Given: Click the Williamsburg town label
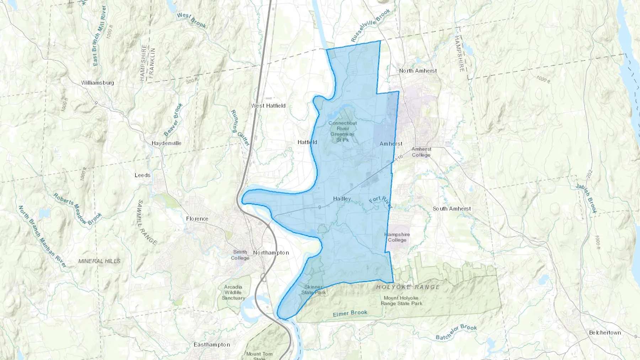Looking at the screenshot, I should [x=97, y=83].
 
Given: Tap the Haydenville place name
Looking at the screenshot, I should [x=166, y=143].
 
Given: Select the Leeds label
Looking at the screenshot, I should [x=142, y=175].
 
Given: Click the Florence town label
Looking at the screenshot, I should [x=197, y=219].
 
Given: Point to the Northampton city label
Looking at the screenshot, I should [x=271, y=253].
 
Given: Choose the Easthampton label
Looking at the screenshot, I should [x=212, y=344].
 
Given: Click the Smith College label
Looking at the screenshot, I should [x=240, y=255].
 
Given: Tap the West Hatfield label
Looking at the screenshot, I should [x=268, y=106].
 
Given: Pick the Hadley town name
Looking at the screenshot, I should [x=342, y=199].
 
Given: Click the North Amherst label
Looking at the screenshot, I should [x=418, y=71].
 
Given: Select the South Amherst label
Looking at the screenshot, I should [x=452, y=209].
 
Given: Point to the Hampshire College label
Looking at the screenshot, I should [x=397, y=237].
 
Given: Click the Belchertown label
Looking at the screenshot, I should [x=605, y=333].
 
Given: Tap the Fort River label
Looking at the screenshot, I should [x=380, y=202].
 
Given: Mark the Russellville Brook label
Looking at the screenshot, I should [x=370, y=26].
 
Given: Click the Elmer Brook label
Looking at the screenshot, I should [x=350, y=313].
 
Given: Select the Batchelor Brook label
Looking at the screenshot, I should [x=456, y=332].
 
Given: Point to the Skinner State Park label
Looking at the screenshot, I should [x=314, y=290].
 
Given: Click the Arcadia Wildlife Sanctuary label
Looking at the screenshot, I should [x=233, y=292].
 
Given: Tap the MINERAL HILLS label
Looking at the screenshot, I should [x=99, y=261].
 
